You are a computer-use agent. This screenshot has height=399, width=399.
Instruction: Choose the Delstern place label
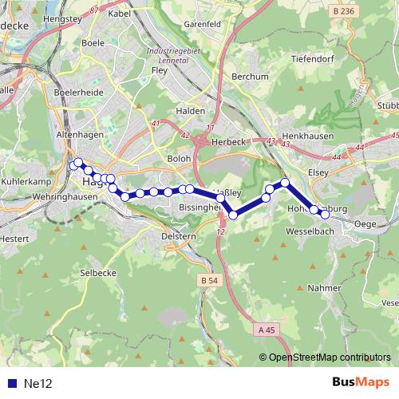(179, 236)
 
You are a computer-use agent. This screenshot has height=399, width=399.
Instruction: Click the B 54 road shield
(209, 281)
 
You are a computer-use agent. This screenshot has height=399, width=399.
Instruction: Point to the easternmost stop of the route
(326, 215)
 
